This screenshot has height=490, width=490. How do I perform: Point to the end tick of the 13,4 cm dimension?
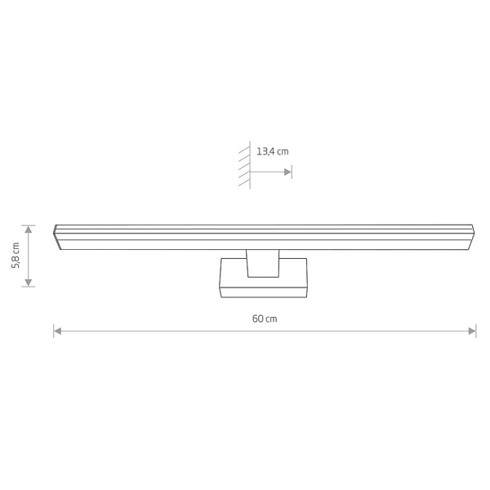[292, 171]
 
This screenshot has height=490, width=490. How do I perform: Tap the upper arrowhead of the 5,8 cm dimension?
[29, 229]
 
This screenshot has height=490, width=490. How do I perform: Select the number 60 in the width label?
[257, 318]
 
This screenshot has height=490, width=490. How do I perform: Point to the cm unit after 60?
[272, 318]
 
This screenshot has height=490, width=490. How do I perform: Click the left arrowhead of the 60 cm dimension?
[58, 331]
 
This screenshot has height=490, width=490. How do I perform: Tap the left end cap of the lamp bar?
[56, 234]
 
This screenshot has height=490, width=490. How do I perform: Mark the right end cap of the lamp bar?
[473, 234]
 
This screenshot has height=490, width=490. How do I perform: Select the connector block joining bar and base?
[262, 263]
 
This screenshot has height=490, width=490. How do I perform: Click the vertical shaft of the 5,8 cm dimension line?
[29, 255]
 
